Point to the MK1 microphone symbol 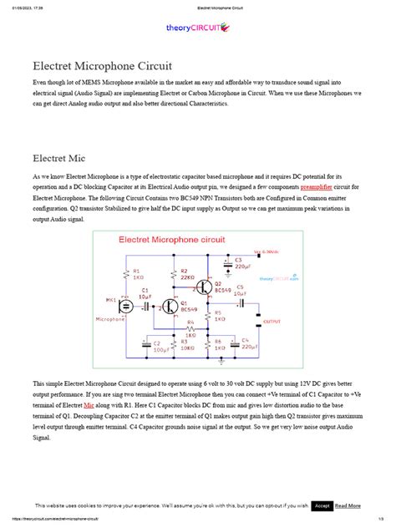coord(124,305)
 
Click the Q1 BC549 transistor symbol coord(171,307)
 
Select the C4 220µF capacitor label coord(245,343)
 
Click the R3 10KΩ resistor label coord(186,345)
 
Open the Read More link coord(348,505)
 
